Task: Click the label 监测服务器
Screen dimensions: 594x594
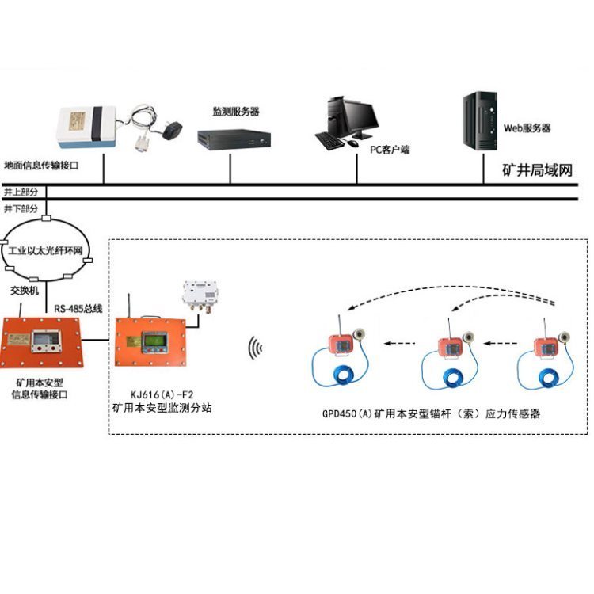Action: [236, 111]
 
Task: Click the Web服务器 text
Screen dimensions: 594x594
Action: [527, 128]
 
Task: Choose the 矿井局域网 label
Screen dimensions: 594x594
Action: [537, 170]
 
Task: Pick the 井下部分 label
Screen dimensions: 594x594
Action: [21, 209]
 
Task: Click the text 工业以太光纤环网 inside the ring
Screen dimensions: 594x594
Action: [48, 250]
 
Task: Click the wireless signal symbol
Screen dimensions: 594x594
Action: [254, 346]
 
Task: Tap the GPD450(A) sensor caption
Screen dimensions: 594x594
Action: [431, 413]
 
